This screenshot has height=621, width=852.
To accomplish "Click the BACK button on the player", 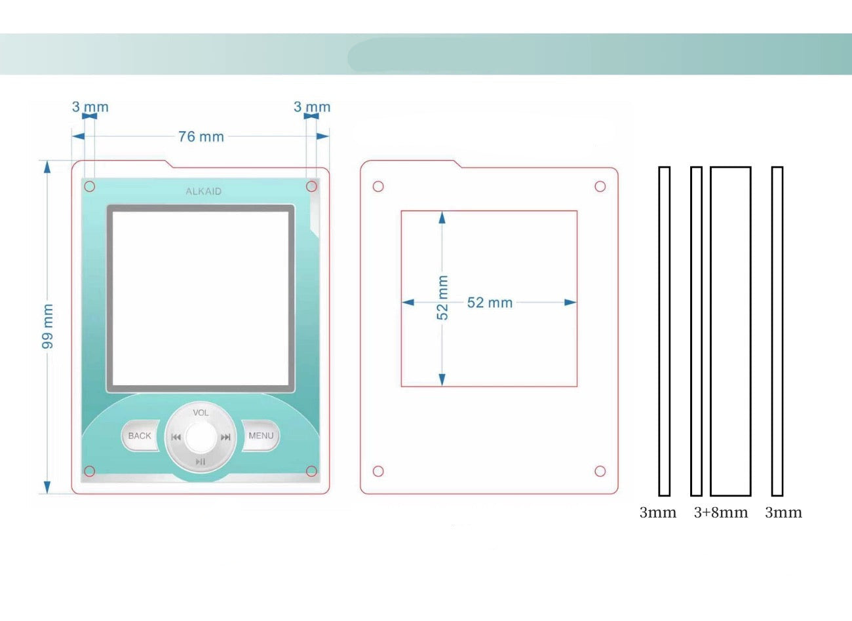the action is coord(140,436).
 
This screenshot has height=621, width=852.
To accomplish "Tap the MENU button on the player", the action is coord(261,436).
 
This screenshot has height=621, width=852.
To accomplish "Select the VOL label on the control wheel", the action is coord(201,413).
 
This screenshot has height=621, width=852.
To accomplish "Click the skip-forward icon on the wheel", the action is coord(225,437).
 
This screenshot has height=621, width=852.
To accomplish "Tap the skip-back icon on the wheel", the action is coord(176,437).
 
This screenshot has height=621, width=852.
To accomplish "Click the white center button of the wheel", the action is coord(201,436).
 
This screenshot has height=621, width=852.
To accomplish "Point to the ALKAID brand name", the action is coord(203,191).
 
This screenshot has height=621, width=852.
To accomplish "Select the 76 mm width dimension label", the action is coord(201,136).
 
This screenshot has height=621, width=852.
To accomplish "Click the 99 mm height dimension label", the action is coord(48,326).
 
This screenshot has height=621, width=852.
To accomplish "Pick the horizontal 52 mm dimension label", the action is coord(490,303).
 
